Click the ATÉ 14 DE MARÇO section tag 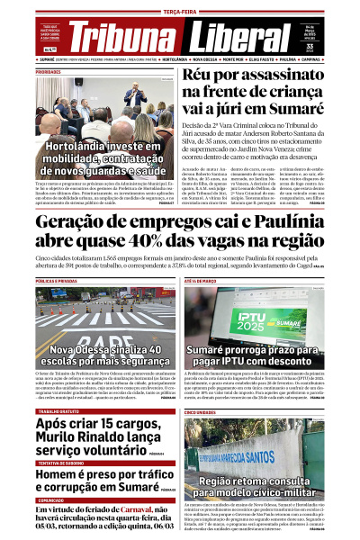[x=202, y=281]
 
